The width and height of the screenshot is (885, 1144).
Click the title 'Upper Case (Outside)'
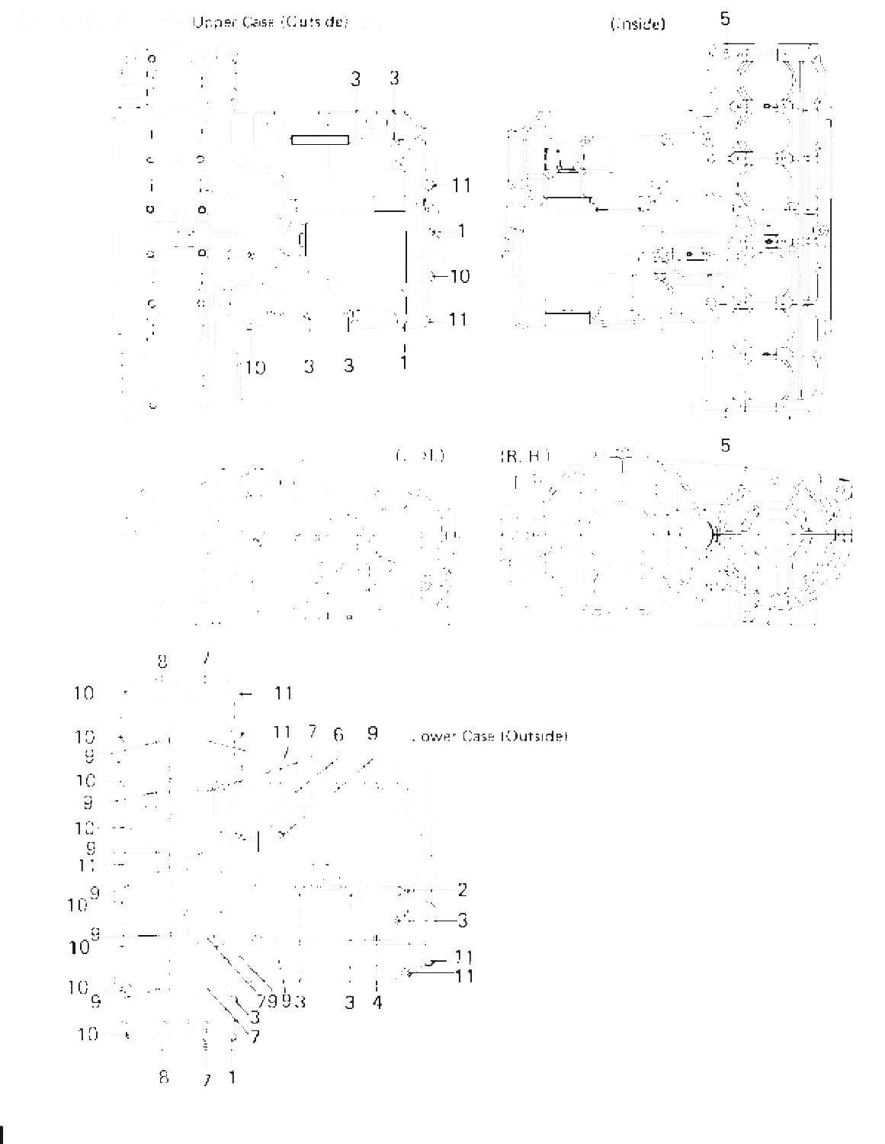271,23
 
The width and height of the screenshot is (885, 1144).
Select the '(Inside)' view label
637,24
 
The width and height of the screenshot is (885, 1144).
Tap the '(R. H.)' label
524,456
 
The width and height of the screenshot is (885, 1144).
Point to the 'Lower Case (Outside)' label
489,737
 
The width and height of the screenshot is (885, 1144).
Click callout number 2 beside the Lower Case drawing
462,889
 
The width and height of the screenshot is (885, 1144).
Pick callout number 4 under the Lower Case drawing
377,1001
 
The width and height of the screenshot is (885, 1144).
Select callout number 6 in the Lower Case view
338,734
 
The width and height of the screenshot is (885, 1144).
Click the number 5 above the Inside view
724,19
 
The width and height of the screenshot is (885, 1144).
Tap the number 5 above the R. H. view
725,445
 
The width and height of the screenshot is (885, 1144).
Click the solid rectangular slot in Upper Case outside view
321,140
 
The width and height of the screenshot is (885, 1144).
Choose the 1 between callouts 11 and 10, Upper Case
461,230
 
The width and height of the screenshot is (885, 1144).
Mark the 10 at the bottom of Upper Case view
255,368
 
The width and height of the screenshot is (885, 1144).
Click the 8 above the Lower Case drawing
162,660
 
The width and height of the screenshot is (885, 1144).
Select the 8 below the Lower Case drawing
163,1078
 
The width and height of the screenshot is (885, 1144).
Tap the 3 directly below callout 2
462,921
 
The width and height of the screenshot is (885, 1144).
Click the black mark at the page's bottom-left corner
3,1134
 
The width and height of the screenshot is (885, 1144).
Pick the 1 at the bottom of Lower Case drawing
232,1078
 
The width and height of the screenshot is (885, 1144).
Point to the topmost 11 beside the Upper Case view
461,185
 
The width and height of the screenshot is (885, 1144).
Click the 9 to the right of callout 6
372,734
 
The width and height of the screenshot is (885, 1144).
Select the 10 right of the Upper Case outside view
460,276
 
